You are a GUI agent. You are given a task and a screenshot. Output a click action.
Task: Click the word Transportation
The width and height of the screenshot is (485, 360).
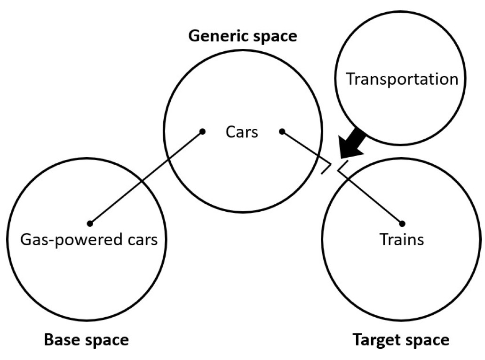click(x=402, y=79)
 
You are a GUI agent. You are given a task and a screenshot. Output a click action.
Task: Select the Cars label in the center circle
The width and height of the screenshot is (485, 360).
click(x=242, y=132)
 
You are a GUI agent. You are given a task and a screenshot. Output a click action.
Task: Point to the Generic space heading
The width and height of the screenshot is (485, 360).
click(x=243, y=36)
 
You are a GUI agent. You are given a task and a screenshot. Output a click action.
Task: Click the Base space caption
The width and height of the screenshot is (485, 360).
click(x=86, y=339)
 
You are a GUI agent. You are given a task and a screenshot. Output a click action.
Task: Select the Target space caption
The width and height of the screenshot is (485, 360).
click(x=401, y=339)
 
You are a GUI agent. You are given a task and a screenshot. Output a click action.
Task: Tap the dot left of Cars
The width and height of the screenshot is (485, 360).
click(x=202, y=132)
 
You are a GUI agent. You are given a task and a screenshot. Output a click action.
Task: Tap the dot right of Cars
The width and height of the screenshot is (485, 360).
click(x=282, y=132)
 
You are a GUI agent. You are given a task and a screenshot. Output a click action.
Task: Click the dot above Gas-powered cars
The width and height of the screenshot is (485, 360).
click(x=90, y=223)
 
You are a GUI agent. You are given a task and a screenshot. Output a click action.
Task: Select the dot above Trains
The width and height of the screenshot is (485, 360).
click(x=402, y=223)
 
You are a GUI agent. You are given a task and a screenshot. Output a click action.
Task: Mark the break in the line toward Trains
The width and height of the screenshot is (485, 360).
click(x=334, y=168)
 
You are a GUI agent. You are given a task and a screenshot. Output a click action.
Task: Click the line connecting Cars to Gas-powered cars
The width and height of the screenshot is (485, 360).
click(x=146, y=177)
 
